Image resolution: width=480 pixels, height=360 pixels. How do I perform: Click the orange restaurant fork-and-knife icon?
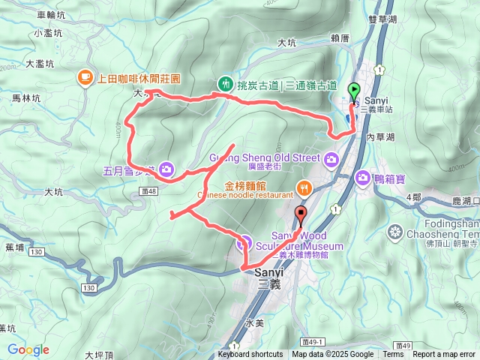pos(304,187)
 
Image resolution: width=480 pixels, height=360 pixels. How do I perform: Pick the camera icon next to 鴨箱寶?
pos(363,178)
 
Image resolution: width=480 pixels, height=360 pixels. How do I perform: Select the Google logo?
pos(28,349)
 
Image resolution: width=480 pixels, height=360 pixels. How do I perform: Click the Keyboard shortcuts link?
pos(250,355)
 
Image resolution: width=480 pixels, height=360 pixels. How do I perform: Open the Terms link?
pos(393,355)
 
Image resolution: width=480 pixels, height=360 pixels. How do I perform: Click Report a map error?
pos(444,355)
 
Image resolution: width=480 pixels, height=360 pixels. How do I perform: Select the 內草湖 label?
pos(380,138)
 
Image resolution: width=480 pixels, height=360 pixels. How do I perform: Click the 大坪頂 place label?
pos(98,355)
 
